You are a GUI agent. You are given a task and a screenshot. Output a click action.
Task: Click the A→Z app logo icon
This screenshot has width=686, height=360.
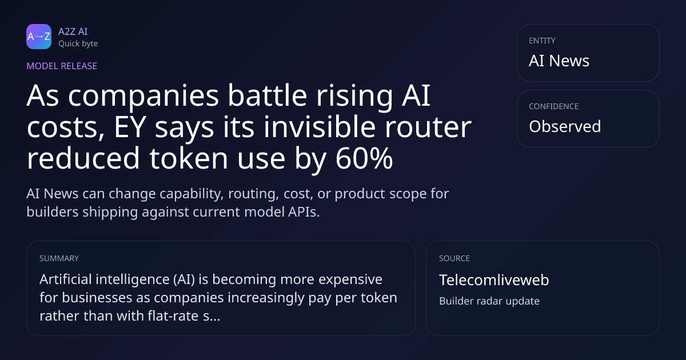(x=39, y=37)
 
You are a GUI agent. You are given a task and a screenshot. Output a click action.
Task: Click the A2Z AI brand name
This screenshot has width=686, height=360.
(x=73, y=31)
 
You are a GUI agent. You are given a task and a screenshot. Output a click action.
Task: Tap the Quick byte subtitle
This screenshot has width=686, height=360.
(x=78, y=44)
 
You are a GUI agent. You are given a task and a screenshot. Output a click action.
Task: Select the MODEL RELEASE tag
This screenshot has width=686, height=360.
(x=62, y=66)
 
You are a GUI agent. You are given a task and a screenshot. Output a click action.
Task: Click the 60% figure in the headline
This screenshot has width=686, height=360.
(x=364, y=158)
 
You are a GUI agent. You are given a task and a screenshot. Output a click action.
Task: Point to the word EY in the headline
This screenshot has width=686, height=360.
(x=130, y=127)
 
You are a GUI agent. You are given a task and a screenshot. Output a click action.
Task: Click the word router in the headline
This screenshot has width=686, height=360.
(x=428, y=127)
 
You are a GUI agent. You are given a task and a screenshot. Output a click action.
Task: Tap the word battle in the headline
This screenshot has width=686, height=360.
(x=267, y=95)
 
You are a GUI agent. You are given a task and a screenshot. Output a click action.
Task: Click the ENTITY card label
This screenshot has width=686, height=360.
(x=542, y=41)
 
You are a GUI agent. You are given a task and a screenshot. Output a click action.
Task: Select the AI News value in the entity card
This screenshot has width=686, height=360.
(x=559, y=61)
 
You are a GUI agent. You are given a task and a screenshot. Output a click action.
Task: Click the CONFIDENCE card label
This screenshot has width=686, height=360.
(x=554, y=106)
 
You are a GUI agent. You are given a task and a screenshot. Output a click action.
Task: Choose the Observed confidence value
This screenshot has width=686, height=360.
(x=565, y=126)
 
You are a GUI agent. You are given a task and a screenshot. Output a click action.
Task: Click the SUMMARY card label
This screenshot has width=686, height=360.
(x=59, y=258)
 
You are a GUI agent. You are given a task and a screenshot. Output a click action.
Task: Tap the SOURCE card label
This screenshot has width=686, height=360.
(x=454, y=258)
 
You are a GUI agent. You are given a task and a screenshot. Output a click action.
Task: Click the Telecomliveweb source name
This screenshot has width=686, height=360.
(x=494, y=280)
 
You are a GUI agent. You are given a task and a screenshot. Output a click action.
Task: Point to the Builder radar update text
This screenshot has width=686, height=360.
(x=489, y=301)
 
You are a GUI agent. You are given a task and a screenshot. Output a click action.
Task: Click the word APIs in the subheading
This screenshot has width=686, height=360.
(x=304, y=212)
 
